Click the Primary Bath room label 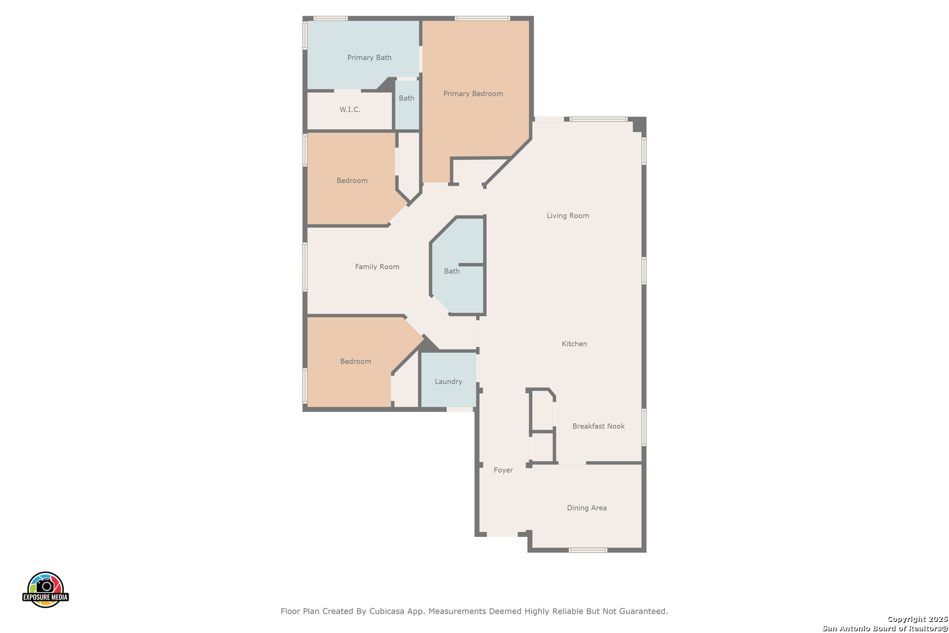(x=369, y=57)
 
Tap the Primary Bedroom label (x=473, y=94)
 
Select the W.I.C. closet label (x=350, y=110)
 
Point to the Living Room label (x=568, y=216)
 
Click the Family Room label (x=377, y=267)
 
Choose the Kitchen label (x=574, y=344)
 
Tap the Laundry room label (x=448, y=382)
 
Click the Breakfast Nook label (x=598, y=426)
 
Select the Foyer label (x=503, y=470)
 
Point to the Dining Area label (x=586, y=508)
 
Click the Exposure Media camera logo (x=45, y=590)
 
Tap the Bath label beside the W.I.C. (x=407, y=98)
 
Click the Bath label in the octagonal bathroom (x=452, y=271)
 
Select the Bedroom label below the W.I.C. (x=351, y=181)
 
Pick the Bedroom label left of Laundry (x=356, y=361)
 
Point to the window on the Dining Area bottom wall (x=588, y=550)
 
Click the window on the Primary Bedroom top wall (x=482, y=18)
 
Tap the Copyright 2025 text (x=917, y=620)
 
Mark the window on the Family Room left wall (x=305, y=267)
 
